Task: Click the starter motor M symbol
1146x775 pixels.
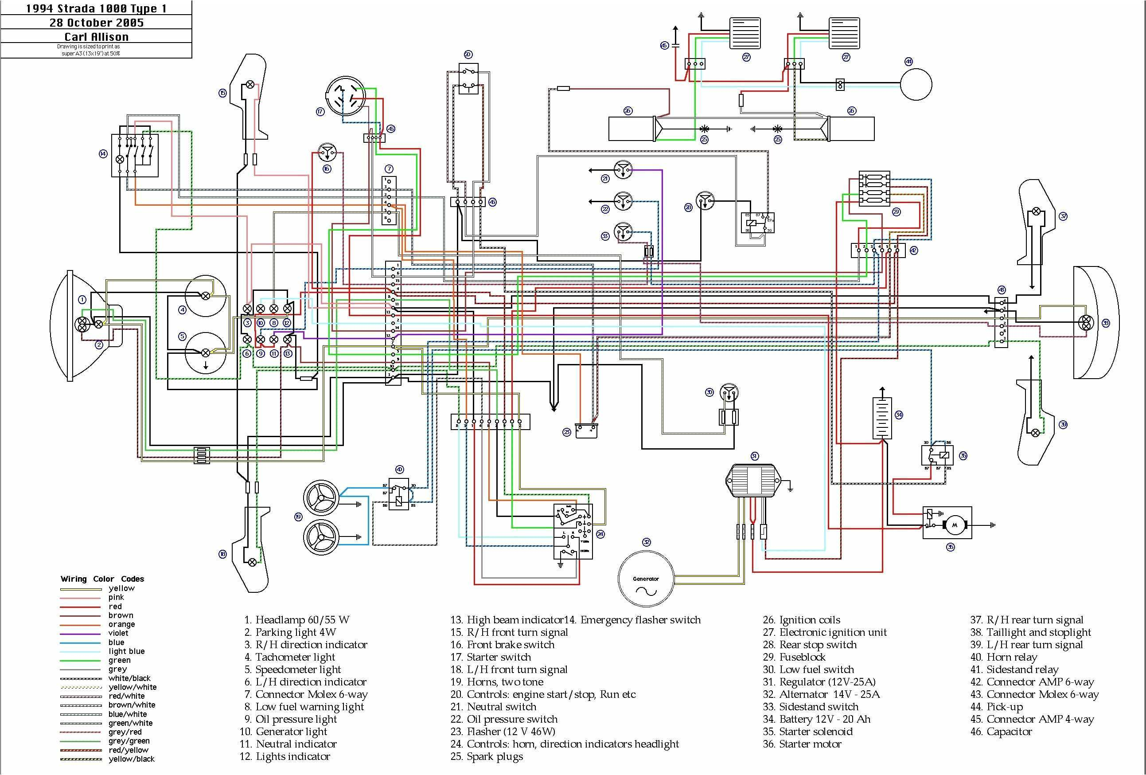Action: click(954, 525)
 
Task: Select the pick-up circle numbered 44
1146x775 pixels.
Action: click(916, 85)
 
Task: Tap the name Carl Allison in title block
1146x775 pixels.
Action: click(96, 36)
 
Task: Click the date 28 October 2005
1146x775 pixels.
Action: click(96, 23)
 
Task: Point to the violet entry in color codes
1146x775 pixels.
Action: click(118, 633)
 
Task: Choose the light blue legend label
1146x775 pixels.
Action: click(126, 651)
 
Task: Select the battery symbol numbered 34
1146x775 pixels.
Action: click(882, 419)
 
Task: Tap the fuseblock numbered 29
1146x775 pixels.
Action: click(874, 188)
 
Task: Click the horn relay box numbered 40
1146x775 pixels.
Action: click(398, 494)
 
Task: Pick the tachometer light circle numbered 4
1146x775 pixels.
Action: click(206, 295)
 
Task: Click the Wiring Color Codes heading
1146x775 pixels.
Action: click(102, 579)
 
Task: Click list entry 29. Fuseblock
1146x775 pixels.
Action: click(794, 657)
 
